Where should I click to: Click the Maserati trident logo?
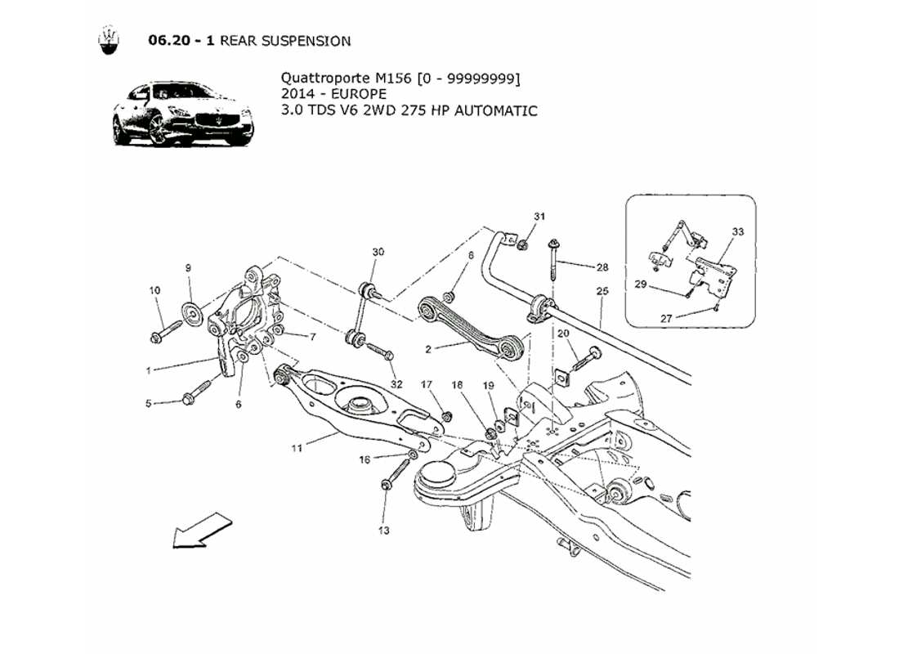pyautogui.click(x=107, y=40)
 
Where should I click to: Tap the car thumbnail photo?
pyautogui.click(x=182, y=114)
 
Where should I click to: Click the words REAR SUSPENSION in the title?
pyautogui.click(x=285, y=41)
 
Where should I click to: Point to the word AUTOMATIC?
pyautogui.click(x=498, y=110)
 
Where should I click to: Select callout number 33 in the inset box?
pyautogui.click(x=737, y=232)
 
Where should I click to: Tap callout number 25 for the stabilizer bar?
pyautogui.click(x=602, y=291)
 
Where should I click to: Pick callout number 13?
pyautogui.click(x=384, y=531)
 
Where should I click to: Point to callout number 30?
pyautogui.click(x=377, y=252)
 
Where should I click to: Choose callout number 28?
pyautogui.click(x=602, y=267)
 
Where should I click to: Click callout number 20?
pyautogui.click(x=564, y=334)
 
